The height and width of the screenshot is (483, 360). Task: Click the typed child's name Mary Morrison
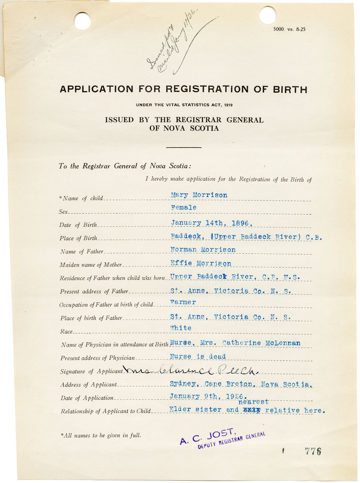(199, 195)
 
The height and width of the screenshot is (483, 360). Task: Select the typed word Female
(183, 207)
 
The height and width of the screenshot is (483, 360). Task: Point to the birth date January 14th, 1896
(212, 223)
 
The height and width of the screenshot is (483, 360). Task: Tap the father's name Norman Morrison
(203, 250)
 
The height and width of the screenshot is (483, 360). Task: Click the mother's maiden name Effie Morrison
(201, 263)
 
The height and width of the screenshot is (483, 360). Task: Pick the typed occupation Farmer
(183, 302)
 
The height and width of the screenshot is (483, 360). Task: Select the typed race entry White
(181, 328)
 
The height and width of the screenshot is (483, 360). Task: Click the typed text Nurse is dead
(198, 357)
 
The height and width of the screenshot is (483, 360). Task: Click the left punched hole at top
(82, 20)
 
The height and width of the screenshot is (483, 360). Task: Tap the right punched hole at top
(268, 15)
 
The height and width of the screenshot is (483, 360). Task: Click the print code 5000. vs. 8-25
(289, 30)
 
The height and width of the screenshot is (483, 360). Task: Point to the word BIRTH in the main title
(289, 89)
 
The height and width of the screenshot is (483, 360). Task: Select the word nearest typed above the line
(253, 402)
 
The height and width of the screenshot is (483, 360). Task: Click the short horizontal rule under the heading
(183, 147)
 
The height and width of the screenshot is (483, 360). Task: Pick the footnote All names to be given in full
(101, 435)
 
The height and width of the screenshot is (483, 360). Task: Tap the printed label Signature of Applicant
(91, 371)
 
